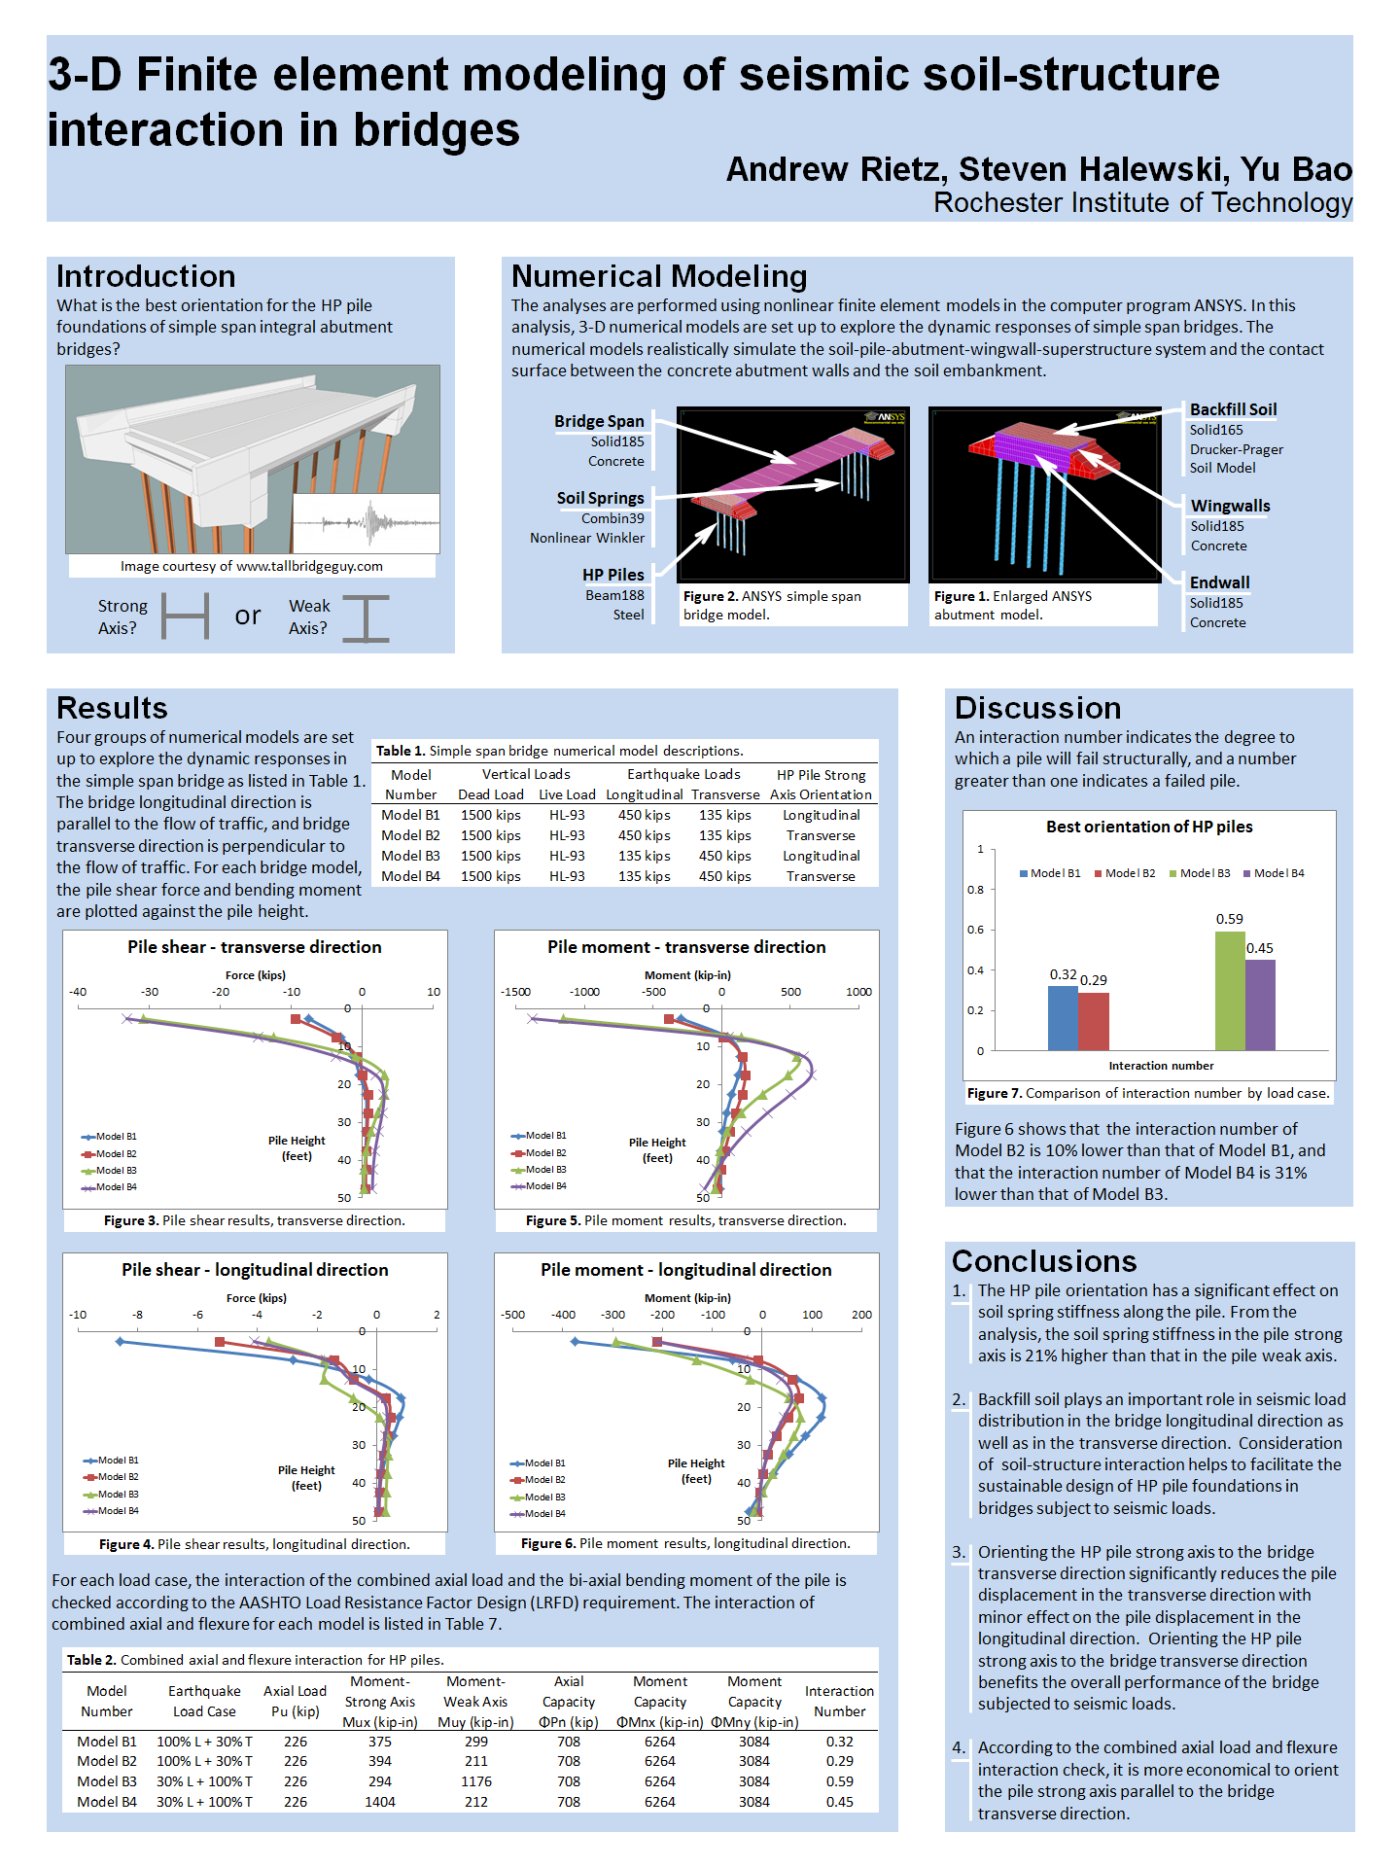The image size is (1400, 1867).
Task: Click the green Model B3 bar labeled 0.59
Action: point(1230,991)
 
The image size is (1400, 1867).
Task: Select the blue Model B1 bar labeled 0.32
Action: point(1063,1018)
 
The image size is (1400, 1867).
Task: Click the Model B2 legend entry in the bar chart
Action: point(1125,873)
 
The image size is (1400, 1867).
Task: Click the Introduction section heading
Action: point(146,276)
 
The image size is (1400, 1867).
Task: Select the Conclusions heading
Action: point(1044,1261)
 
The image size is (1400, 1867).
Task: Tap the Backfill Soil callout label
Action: point(1233,409)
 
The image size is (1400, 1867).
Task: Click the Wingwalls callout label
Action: point(1230,506)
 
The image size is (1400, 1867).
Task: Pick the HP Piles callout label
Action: point(612,575)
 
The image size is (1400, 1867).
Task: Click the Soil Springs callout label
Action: point(600,498)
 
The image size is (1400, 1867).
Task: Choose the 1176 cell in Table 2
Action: point(475,1781)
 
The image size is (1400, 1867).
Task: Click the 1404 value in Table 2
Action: point(379,1802)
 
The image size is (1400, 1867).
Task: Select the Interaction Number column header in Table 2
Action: point(839,1701)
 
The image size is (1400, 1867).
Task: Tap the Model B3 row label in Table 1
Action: point(410,856)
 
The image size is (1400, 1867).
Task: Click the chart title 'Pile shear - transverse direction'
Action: point(255,947)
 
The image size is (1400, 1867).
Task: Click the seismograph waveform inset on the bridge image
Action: point(366,523)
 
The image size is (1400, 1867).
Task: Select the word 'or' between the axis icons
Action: point(248,616)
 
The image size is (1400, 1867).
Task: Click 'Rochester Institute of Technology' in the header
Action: point(1142,202)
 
